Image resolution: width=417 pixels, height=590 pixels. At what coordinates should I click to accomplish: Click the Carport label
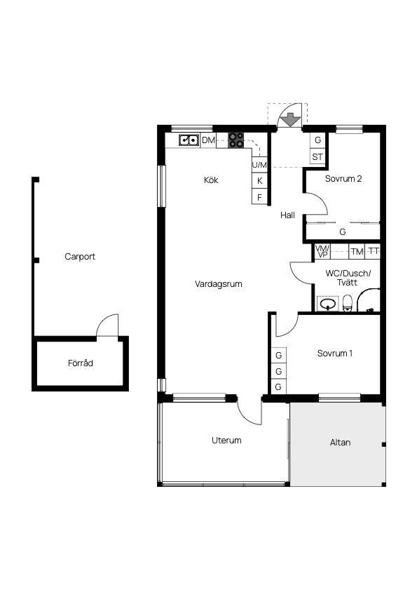click(x=80, y=257)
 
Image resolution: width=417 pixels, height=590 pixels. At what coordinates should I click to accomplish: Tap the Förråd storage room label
click(x=81, y=363)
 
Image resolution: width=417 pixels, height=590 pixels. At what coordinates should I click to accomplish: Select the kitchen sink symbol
click(x=189, y=140)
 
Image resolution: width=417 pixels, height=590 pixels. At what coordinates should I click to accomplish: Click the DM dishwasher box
click(x=208, y=140)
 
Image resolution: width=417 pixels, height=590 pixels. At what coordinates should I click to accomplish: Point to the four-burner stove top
click(x=236, y=140)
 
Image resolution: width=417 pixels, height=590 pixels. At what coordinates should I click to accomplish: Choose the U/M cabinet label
click(x=259, y=165)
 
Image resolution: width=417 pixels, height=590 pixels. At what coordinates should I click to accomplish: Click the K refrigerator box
click(x=259, y=181)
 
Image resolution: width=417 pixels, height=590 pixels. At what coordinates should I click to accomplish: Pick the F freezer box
click(x=259, y=197)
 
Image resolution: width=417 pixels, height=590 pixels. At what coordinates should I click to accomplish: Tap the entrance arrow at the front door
click(x=291, y=120)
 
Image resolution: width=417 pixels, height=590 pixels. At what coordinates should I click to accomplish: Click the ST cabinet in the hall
click(x=317, y=156)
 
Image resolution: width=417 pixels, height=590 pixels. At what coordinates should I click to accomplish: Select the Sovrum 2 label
click(x=343, y=179)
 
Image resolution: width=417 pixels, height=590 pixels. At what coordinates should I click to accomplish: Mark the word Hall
click(x=287, y=215)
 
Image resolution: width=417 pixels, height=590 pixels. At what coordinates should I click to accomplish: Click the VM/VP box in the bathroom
click(x=322, y=251)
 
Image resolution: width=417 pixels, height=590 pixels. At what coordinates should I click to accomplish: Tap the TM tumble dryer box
click(x=357, y=251)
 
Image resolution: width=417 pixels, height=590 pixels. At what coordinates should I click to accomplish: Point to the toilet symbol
click(x=347, y=303)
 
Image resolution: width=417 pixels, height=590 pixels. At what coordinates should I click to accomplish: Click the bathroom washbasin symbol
click(x=328, y=304)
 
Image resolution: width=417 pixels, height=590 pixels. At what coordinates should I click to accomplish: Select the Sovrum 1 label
click(x=335, y=354)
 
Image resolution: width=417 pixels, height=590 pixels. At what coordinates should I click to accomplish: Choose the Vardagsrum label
click(x=219, y=284)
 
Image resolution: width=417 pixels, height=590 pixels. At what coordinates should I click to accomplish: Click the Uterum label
click(x=226, y=441)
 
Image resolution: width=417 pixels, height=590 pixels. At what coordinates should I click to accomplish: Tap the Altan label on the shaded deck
click(x=340, y=443)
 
